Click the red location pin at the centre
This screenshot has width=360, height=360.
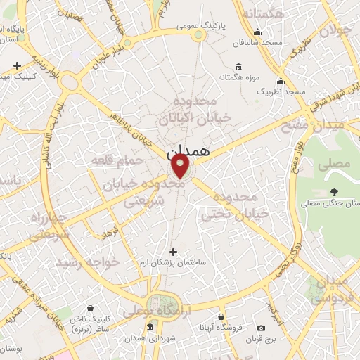click(180, 166)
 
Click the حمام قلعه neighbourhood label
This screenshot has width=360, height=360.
click(117, 162)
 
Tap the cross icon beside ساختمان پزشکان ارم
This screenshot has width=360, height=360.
click(174, 251)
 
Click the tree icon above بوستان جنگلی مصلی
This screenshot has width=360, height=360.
click(333, 191)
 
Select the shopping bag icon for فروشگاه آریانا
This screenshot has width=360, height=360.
click(222, 316)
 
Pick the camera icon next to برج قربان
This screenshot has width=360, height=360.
click(262, 328)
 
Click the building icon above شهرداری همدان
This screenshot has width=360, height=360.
click(150, 328)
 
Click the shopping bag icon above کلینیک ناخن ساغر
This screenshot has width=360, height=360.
click(91, 308)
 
